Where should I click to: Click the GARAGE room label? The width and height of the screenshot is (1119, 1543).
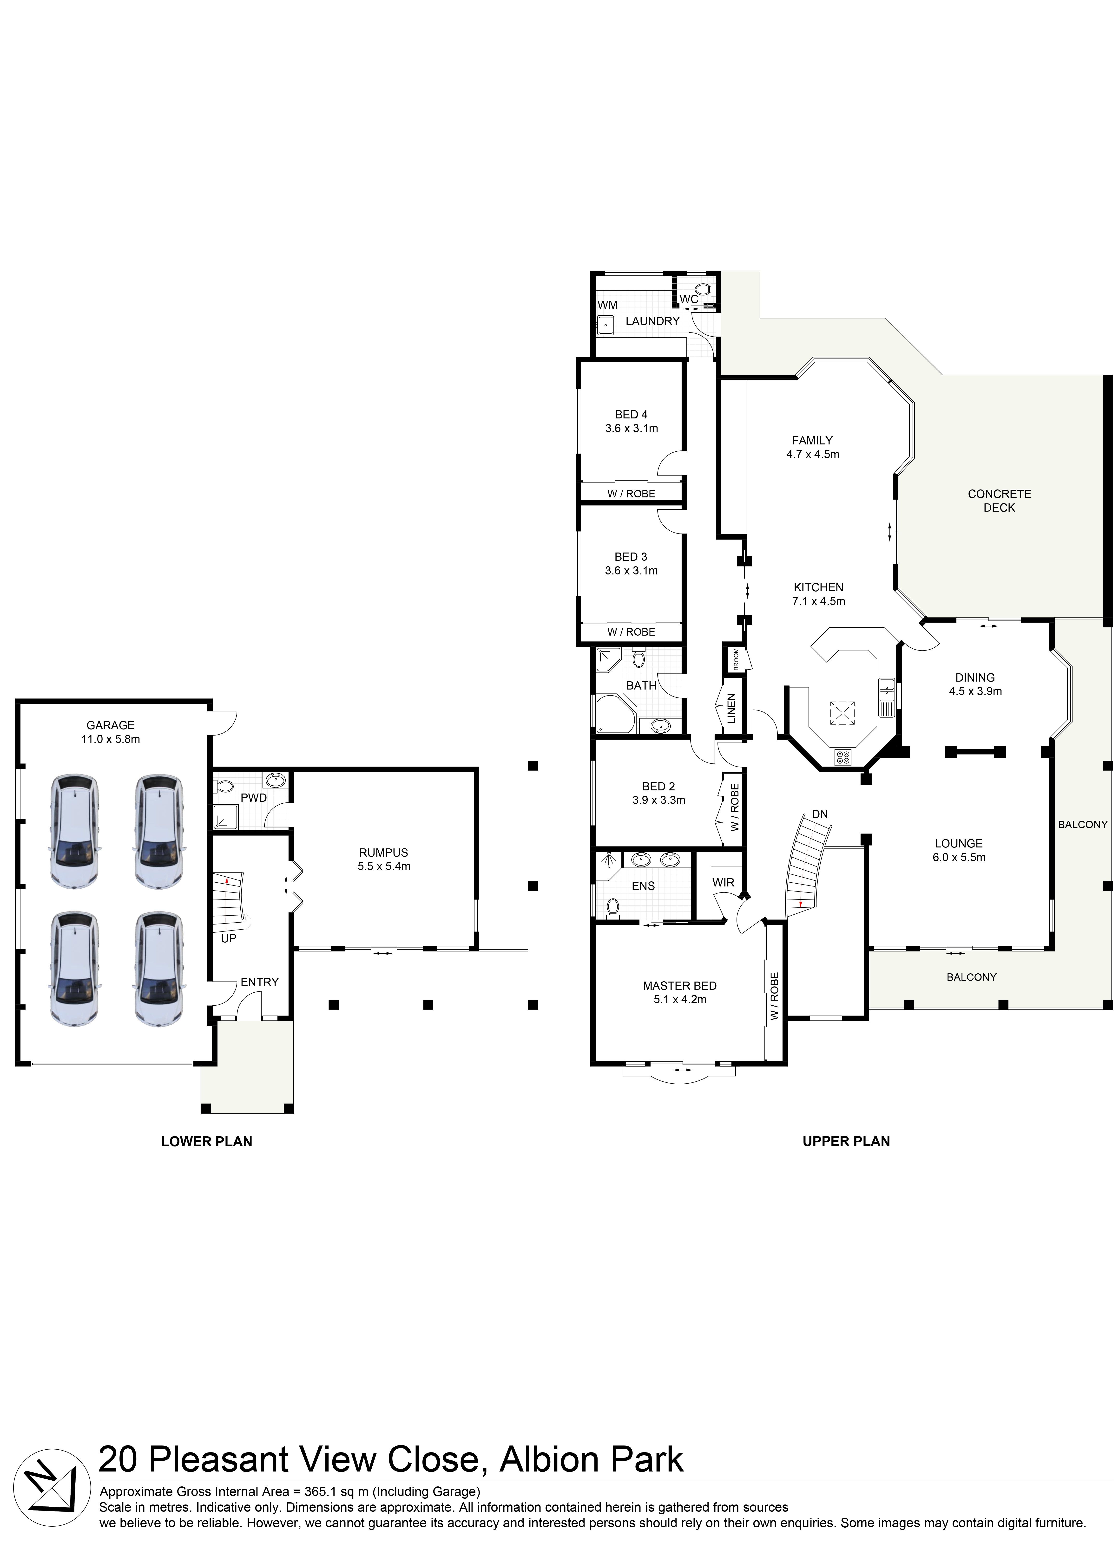(110, 725)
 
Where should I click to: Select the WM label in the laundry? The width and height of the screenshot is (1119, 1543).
(607, 305)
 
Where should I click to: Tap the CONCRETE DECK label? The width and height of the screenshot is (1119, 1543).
(999, 501)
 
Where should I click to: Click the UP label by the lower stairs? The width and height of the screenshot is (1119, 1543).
(229, 938)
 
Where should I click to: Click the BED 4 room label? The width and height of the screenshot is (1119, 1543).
(631, 414)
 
